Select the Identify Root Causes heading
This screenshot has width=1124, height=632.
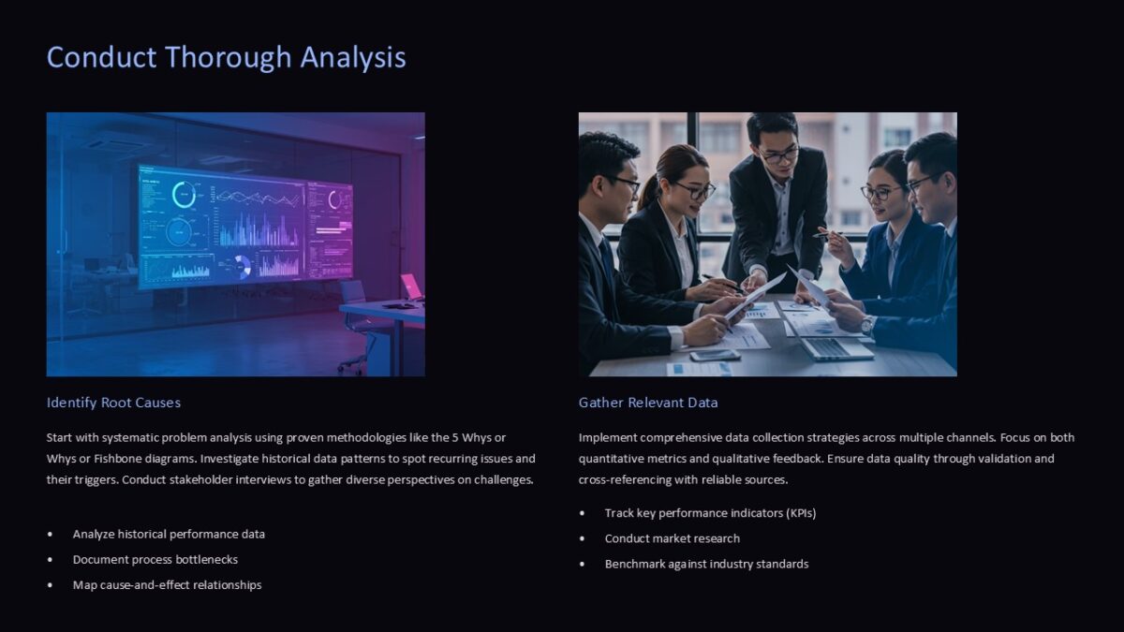113,403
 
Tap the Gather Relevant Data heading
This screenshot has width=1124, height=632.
648,403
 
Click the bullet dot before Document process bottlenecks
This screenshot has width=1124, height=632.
50,560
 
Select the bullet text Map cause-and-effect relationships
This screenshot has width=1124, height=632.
167,585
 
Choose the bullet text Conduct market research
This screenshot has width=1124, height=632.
672,538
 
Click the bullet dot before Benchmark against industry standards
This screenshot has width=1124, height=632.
583,564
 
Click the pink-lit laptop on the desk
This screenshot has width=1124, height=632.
411,287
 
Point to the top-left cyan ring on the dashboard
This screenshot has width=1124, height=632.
185,195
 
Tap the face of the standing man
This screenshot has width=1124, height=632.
778,151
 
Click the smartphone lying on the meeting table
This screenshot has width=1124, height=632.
715,355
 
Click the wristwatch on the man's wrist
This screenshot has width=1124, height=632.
867,325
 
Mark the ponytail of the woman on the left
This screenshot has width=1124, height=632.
648,191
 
